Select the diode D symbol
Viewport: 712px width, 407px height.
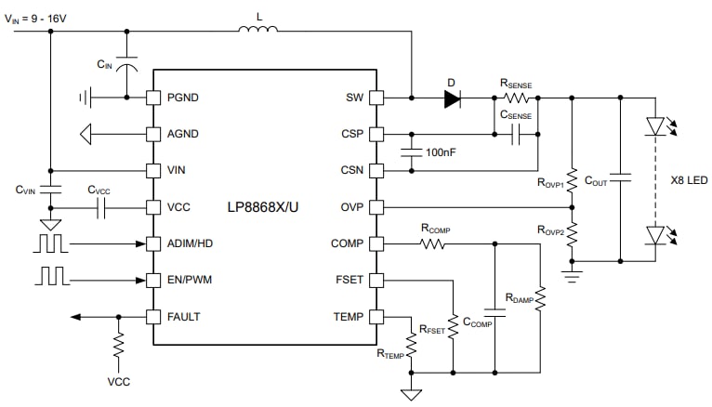(453, 98)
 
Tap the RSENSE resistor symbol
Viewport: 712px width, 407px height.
(517, 98)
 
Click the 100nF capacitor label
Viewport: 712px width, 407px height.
(442, 151)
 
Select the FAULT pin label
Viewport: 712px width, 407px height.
(183, 317)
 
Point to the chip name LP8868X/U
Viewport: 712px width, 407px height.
(264, 206)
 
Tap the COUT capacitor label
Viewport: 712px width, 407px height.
(597, 182)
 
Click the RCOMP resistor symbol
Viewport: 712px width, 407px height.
(432, 243)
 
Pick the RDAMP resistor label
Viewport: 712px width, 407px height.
(519, 297)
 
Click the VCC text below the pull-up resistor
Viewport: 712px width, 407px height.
(118, 381)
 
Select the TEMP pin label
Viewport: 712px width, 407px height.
(349, 317)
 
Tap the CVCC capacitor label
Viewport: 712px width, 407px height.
(99, 190)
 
